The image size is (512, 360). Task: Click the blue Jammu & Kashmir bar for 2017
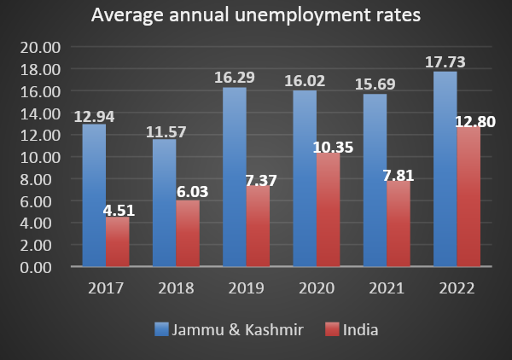94,195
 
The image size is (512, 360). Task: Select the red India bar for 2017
118,242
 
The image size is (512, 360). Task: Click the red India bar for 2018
188,234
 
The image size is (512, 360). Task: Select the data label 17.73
445,61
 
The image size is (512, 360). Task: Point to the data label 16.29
235,77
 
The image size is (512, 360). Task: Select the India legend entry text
362,328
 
